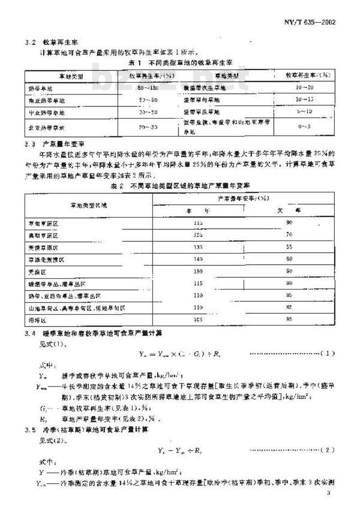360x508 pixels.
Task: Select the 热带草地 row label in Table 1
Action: (x=40, y=89)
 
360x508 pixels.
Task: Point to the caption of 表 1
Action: (x=180, y=62)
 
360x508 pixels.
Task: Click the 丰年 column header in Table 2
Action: (x=198, y=210)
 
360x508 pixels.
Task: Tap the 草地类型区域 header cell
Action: (x=88, y=205)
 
